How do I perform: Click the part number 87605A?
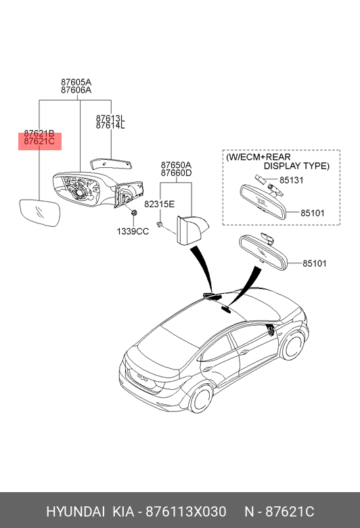(x=76, y=82)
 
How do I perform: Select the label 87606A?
(x=76, y=90)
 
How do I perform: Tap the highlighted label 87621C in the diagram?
(x=39, y=141)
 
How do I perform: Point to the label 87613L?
(x=110, y=118)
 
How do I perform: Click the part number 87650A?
(x=176, y=165)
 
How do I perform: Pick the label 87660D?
(x=176, y=173)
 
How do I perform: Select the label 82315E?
(x=159, y=204)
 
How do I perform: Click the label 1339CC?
(x=133, y=232)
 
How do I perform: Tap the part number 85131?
(x=291, y=180)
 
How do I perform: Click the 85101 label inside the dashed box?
(x=312, y=213)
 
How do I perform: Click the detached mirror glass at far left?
(x=40, y=213)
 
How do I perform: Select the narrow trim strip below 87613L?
(x=111, y=164)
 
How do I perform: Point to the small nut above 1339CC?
(x=134, y=213)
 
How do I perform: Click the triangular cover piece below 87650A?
(x=191, y=229)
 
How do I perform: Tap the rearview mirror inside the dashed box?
(x=263, y=201)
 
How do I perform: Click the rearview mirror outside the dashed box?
(x=263, y=252)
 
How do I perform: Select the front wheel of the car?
(x=291, y=345)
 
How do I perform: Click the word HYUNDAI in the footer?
(x=75, y=512)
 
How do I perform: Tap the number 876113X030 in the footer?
(x=185, y=512)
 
